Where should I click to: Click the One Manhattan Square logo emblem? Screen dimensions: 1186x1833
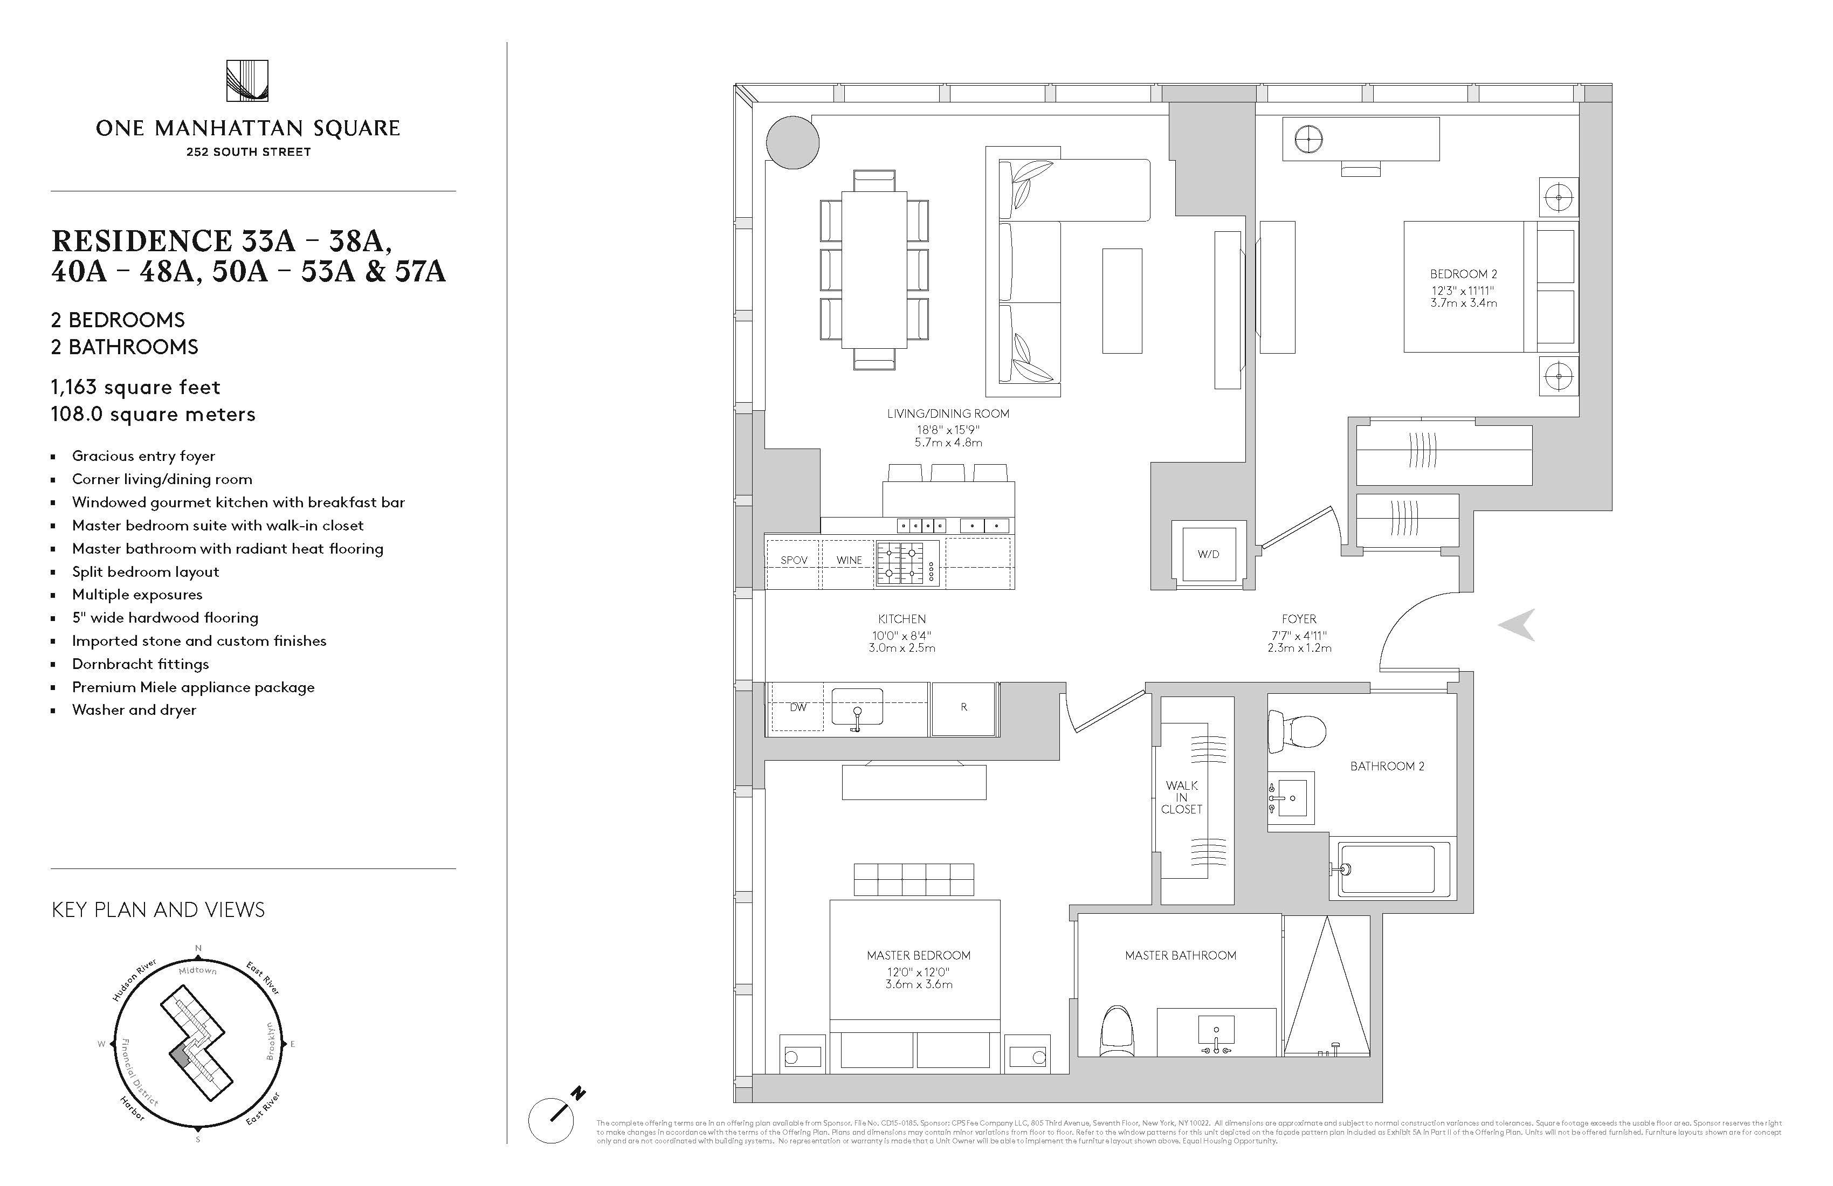[247, 81]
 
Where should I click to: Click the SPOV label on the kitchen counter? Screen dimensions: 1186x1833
[794, 560]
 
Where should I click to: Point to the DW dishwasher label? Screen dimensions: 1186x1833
[798, 707]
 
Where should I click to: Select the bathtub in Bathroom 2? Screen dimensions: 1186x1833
[1386, 868]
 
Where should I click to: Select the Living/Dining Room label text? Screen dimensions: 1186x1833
[948, 413]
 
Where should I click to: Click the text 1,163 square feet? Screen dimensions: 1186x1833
[135, 388]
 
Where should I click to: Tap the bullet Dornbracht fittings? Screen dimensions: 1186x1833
[140, 664]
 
